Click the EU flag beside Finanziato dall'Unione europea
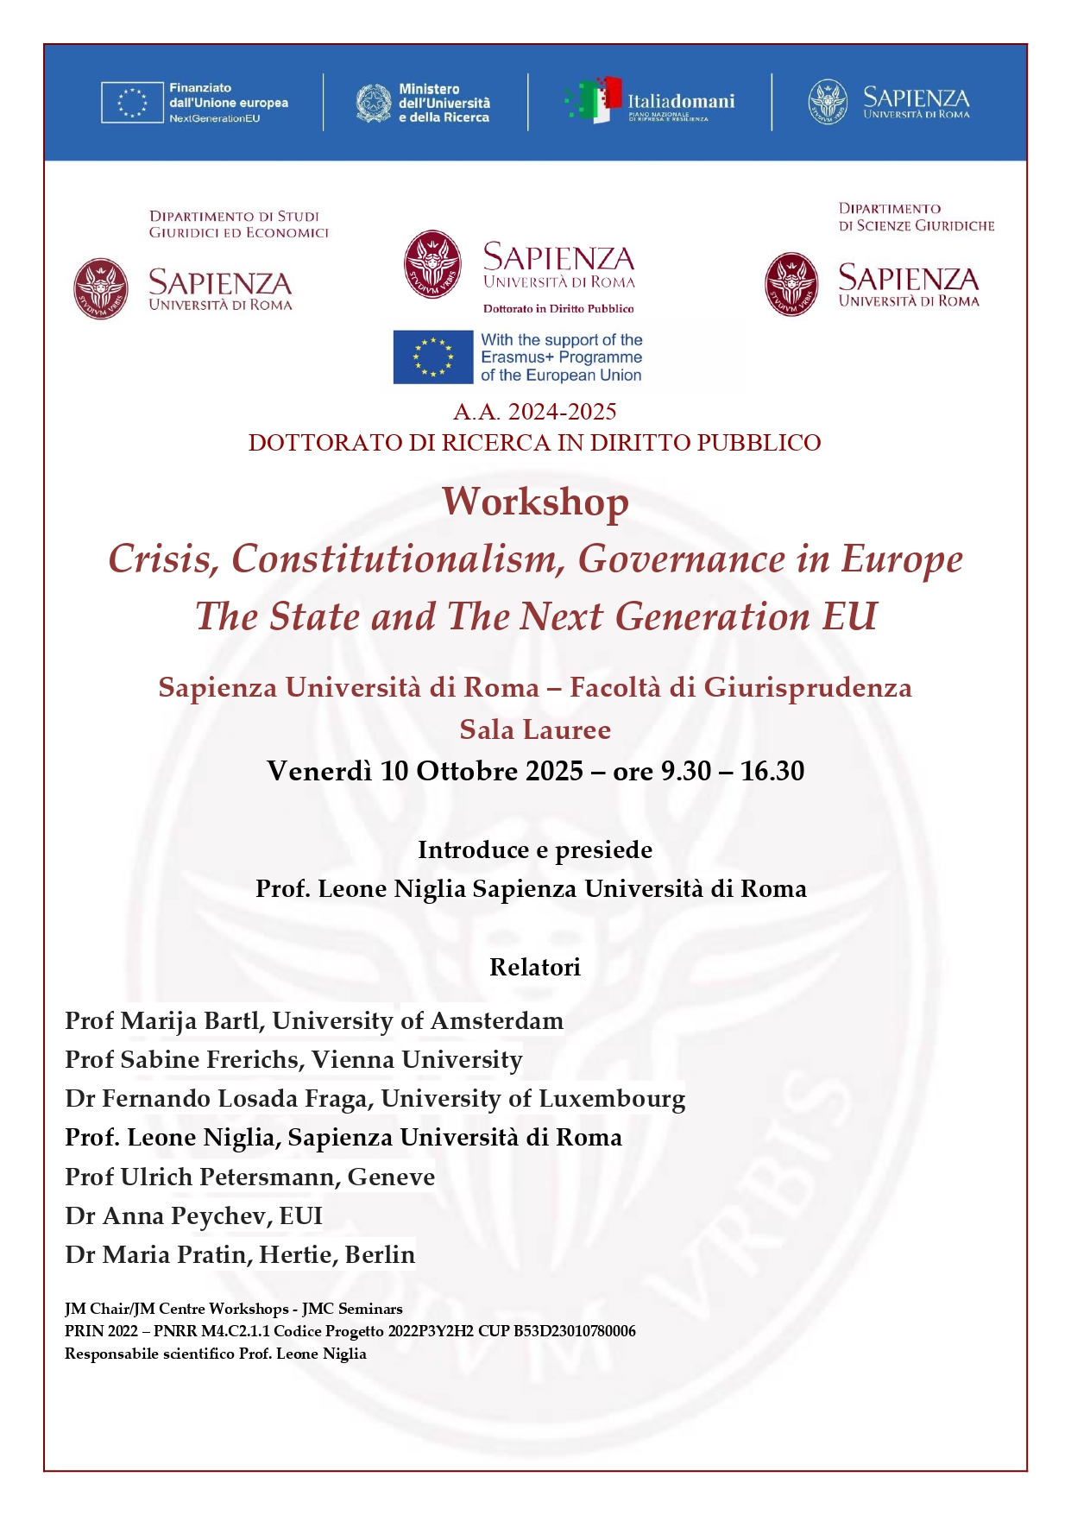pos(132,103)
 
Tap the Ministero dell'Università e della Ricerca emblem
pos(374,103)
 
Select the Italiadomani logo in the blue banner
pos(650,102)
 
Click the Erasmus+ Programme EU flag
pos(433,357)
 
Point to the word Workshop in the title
pos(535,502)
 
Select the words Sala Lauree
pos(535,729)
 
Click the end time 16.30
pos(772,770)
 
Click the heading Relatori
pos(535,967)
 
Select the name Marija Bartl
pos(190,1020)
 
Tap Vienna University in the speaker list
pos(417,1059)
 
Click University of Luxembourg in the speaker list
pos(533,1098)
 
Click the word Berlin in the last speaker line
pos(380,1254)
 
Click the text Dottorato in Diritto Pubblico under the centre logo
pos(558,308)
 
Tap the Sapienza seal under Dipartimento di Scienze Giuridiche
pos(791,284)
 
